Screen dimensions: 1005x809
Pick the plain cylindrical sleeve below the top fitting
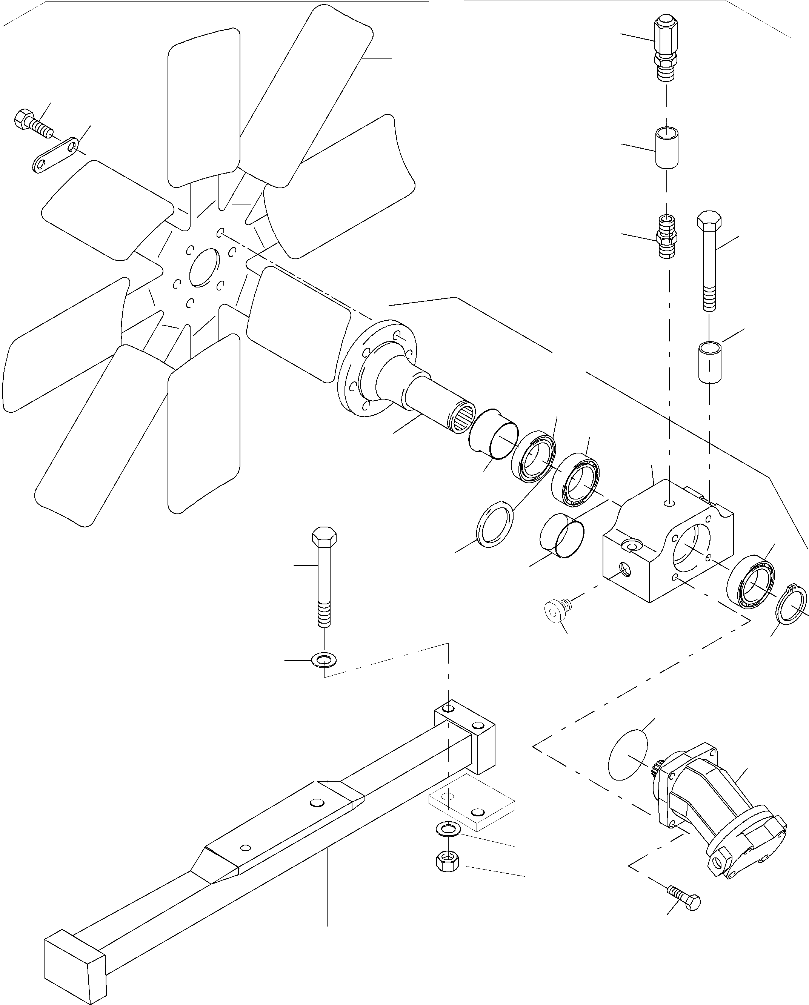[x=667, y=148]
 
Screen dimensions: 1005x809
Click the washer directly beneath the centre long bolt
[x=325, y=660]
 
